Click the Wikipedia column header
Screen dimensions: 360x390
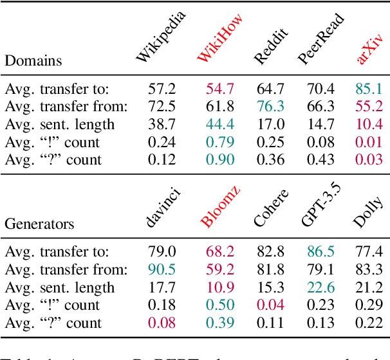[x=161, y=36]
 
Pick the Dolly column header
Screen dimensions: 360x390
[x=368, y=212]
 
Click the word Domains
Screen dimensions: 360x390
[x=33, y=62]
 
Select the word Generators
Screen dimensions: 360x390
[x=39, y=224]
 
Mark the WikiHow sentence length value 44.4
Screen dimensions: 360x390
[x=219, y=124]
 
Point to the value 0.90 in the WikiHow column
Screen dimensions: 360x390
[x=219, y=159]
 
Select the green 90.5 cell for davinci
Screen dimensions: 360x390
[x=162, y=270]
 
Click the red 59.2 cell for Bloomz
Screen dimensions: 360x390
[x=219, y=270]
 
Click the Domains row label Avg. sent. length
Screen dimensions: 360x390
[x=60, y=124]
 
